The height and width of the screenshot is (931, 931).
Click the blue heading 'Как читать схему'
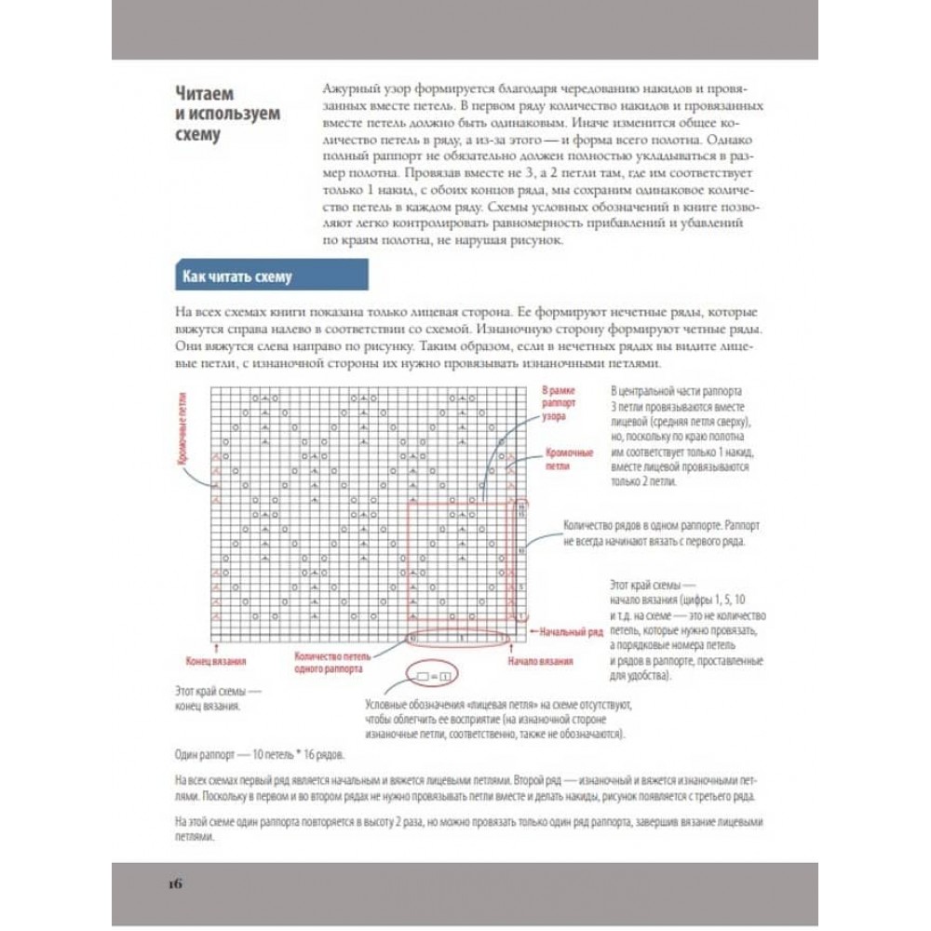236,277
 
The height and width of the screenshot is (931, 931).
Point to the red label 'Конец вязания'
215,663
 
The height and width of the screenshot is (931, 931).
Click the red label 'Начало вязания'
540,663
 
